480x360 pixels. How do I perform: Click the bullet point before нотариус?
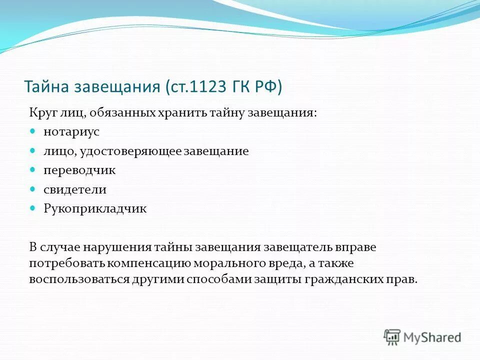(x=33, y=131)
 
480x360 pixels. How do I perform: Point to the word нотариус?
(x=71, y=132)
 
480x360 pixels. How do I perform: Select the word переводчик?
(x=79, y=170)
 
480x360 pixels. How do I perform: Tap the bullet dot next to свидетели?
(x=33, y=189)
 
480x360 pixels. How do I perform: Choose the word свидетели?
(x=75, y=189)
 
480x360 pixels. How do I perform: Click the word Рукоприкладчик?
(x=95, y=209)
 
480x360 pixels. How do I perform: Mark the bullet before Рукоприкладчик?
(x=33, y=208)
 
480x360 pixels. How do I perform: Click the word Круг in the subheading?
(x=42, y=113)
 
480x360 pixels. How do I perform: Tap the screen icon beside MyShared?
(x=392, y=337)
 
